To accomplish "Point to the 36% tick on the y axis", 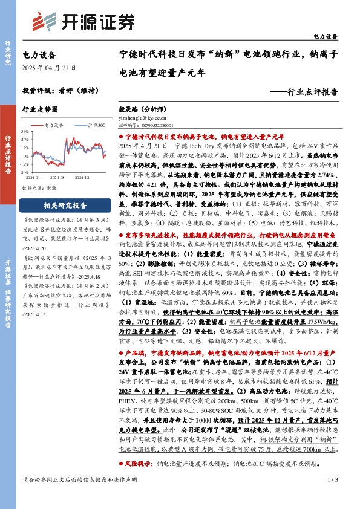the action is (x=25, y=131).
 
